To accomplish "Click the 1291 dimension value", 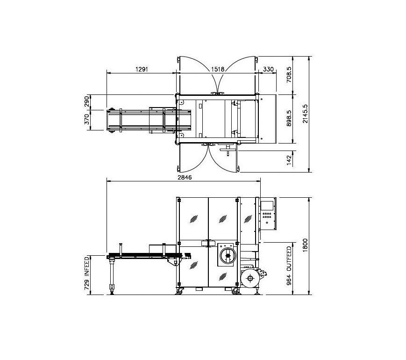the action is point(142,69).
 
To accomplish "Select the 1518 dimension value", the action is point(218,69).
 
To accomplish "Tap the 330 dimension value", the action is point(268,69).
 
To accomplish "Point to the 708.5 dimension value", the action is point(289,75).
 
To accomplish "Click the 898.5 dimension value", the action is point(289,118).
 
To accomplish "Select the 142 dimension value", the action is point(289,160).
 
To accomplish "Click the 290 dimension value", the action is point(86,101).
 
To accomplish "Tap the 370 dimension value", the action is point(86,119).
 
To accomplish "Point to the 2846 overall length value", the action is point(185,177).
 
